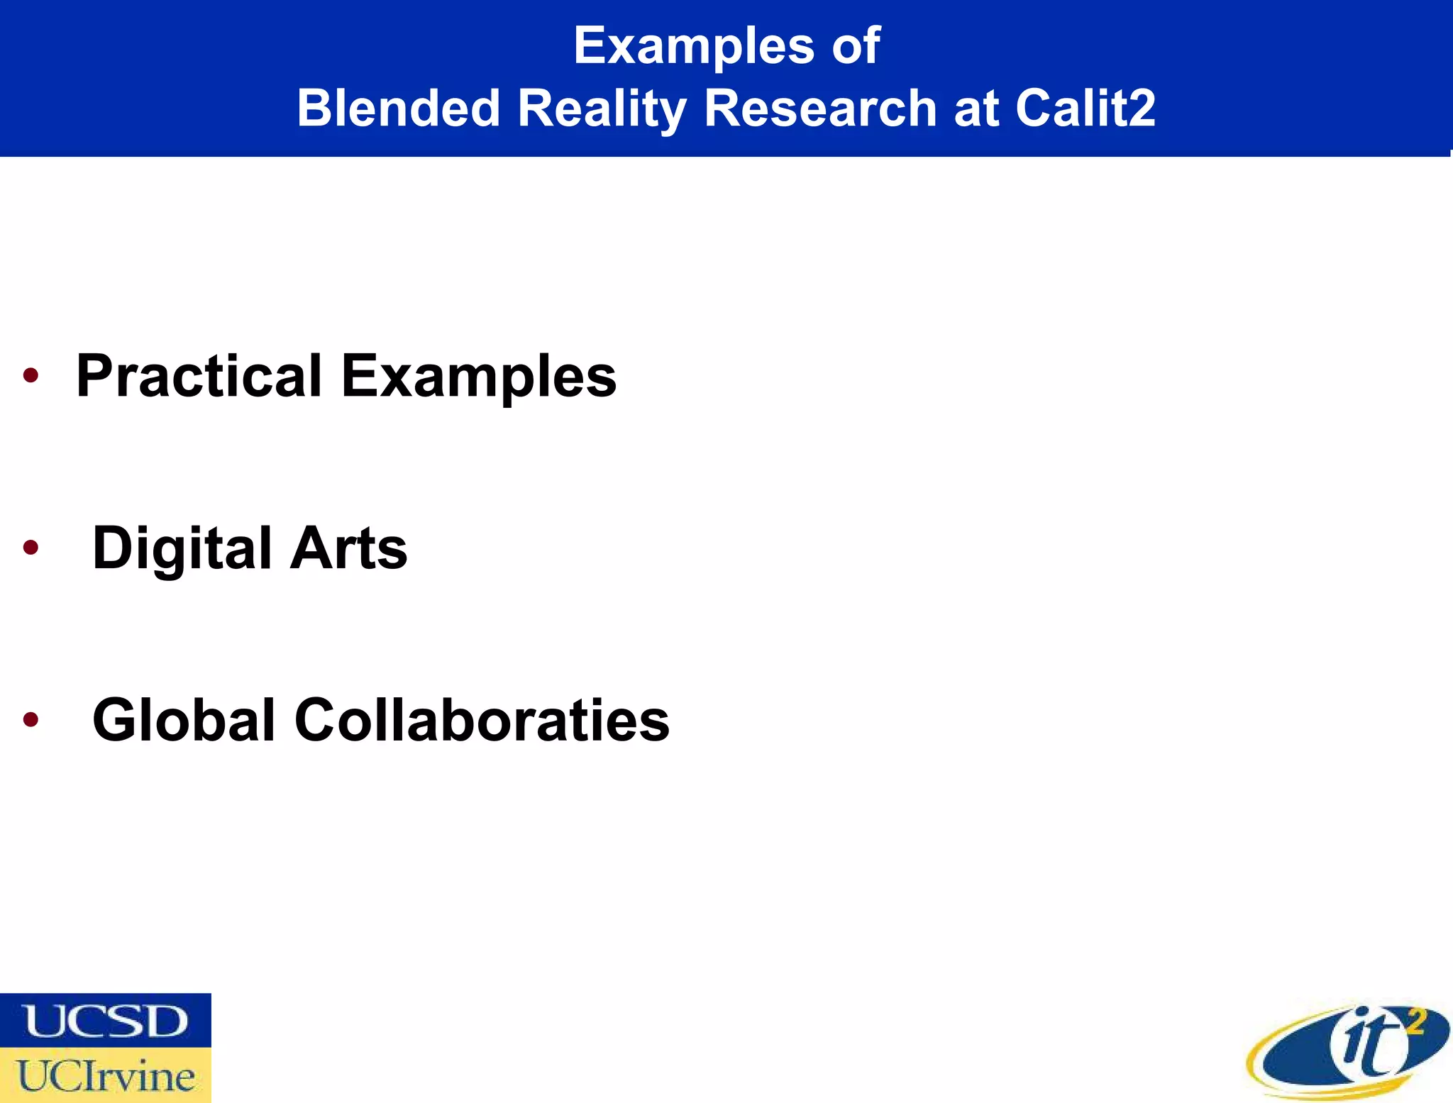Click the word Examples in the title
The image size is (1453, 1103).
[x=693, y=46]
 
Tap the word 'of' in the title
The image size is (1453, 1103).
[x=856, y=46]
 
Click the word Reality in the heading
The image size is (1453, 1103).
[x=601, y=109]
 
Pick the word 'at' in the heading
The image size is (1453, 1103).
[x=976, y=109]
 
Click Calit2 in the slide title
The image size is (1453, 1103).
[x=1085, y=109]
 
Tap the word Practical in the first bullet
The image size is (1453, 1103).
[x=199, y=376]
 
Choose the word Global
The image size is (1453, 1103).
[x=184, y=720]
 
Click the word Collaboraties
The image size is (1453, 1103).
[x=482, y=720]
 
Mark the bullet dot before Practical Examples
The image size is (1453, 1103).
[x=31, y=375]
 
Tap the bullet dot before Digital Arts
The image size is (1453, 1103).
[x=31, y=547]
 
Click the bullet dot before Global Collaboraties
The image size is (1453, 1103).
[x=31, y=719]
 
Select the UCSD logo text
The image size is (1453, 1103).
[x=106, y=1021]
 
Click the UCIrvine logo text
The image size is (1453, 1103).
[x=106, y=1076]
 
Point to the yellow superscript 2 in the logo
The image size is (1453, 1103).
[x=1415, y=1022]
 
